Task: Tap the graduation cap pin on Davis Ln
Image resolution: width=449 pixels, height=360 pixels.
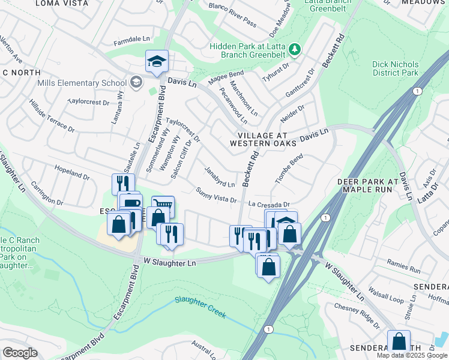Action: click(x=157, y=62)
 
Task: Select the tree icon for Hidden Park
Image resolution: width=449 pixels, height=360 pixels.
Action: click(x=294, y=48)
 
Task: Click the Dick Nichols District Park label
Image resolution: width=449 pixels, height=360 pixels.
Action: click(x=395, y=68)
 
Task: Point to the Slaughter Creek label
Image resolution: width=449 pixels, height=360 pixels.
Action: click(x=200, y=304)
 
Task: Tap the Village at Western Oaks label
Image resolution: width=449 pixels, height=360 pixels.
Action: click(x=262, y=140)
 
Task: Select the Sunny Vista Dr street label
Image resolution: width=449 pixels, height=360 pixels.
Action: click(x=217, y=195)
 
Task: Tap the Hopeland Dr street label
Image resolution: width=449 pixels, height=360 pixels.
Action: click(x=71, y=173)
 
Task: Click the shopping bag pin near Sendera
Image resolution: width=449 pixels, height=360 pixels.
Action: click(x=399, y=342)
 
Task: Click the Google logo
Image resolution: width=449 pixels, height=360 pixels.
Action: click(x=20, y=353)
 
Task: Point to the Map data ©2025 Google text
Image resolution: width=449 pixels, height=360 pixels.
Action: click(x=412, y=355)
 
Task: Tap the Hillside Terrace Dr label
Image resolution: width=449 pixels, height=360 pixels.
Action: click(x=52, y=116)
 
